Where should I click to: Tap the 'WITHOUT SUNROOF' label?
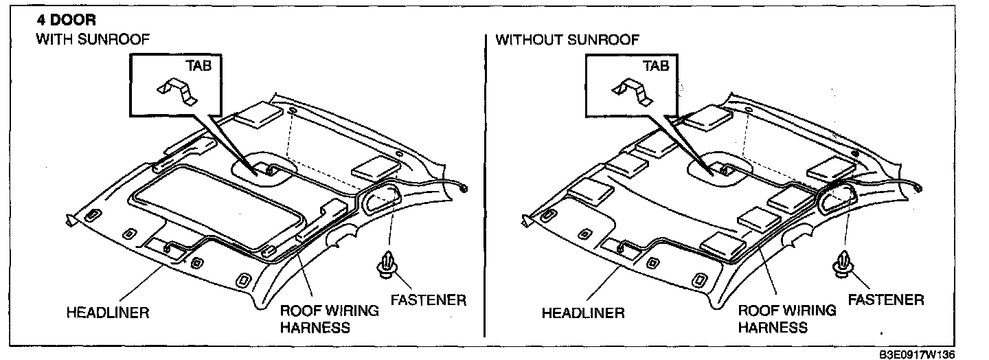click(567, 40)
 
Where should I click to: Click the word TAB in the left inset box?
click(198, 66)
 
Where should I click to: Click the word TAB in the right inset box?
click(655, 66)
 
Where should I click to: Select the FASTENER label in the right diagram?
click(885, 300)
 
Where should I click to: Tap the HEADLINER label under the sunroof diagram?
click(108, 313)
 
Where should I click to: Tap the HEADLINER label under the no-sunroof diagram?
click(583, 313)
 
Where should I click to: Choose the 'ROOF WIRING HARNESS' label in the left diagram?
click(330, 319)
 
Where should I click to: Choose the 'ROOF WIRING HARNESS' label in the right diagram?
click(787, 319)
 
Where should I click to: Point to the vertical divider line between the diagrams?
click(485, 185)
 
